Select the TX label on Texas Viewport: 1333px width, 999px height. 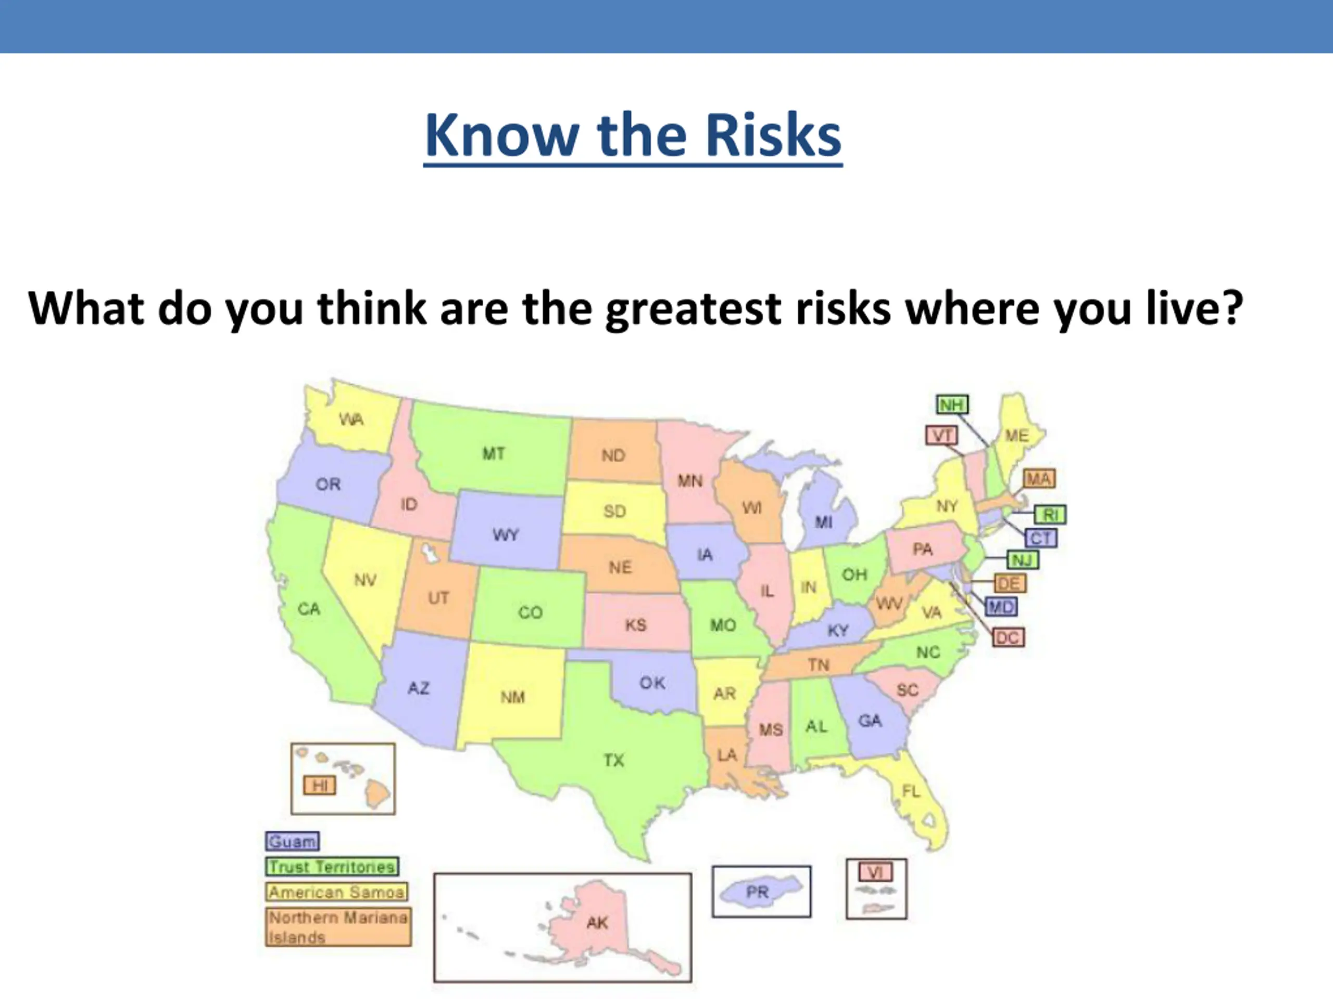[614, 760]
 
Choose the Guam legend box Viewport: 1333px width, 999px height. [292, 841]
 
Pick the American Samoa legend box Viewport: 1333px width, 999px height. [336, 892]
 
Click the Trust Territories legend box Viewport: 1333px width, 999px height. [332, 866]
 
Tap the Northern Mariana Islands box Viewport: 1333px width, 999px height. [338, 927]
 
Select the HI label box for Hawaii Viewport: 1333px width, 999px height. [319, 785]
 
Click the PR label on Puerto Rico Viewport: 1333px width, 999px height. [757, 891]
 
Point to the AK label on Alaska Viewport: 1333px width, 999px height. [597, 923]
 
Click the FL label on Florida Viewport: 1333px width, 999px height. [911, 791]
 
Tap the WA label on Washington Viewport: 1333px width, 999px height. [351, 418]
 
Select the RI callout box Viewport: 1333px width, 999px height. [1050, 514]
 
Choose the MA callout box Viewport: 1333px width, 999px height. [1039, 479]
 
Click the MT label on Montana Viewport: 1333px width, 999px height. [494, 453]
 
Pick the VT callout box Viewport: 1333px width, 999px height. [942, 435]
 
